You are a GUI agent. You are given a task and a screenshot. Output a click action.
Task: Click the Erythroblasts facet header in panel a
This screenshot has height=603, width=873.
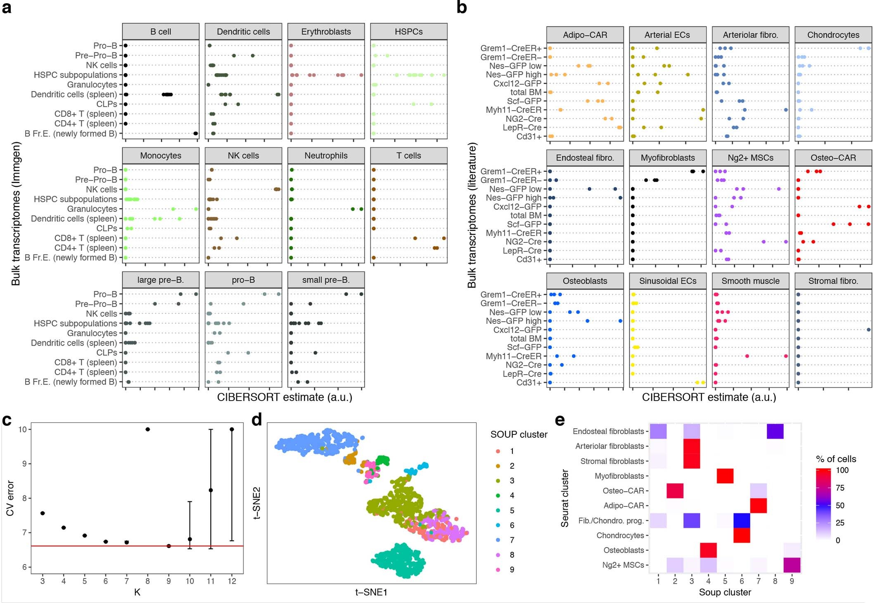point(326,32)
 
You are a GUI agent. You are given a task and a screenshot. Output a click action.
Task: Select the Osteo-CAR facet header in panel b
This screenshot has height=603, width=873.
point(833,158)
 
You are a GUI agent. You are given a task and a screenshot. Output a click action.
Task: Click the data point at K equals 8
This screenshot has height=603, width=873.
point(147,429)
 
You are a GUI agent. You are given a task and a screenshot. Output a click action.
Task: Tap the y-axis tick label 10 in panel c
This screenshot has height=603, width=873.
point(22,430)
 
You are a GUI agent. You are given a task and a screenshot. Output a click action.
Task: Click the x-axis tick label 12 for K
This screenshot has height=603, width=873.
point(232,581)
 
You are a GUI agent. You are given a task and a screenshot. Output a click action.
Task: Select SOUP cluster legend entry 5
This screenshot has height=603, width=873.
point(512,510)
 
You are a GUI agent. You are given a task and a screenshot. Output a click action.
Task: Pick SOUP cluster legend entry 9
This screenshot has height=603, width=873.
point(512,570)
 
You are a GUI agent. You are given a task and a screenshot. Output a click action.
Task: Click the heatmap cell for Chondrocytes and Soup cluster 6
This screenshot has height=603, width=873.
point(741,535)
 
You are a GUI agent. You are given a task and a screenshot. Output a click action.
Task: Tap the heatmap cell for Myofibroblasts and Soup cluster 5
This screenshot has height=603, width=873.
point(725,476)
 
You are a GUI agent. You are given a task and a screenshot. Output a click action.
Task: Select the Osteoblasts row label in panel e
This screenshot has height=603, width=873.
point(624,550)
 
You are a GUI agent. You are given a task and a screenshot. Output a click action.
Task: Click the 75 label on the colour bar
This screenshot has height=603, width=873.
point(840,488)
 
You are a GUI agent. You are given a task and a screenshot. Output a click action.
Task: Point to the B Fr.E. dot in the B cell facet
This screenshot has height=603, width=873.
point(195,133)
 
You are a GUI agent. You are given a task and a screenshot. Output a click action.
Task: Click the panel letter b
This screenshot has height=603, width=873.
point(462,7)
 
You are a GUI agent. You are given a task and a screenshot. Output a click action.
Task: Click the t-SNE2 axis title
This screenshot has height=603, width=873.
point(256,503)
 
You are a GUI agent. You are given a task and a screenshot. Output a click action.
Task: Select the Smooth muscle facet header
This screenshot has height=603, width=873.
point(750,281)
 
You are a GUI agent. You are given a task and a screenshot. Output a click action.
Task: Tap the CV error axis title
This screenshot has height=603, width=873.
point(10,498)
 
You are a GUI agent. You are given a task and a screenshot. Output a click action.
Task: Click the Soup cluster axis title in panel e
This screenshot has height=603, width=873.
point(725,592)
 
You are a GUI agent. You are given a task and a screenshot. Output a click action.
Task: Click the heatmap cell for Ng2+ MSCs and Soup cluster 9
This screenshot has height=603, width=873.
point(792,565)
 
